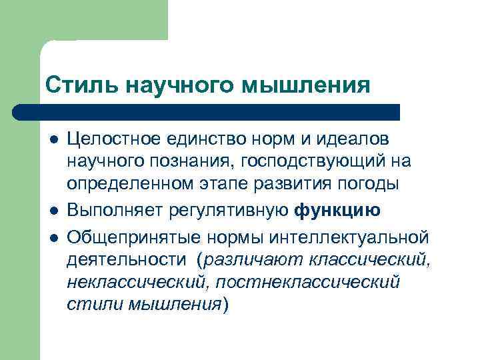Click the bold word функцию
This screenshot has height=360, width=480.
click(x=337, y=211)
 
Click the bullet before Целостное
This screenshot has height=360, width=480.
click(x=53, y=139)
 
